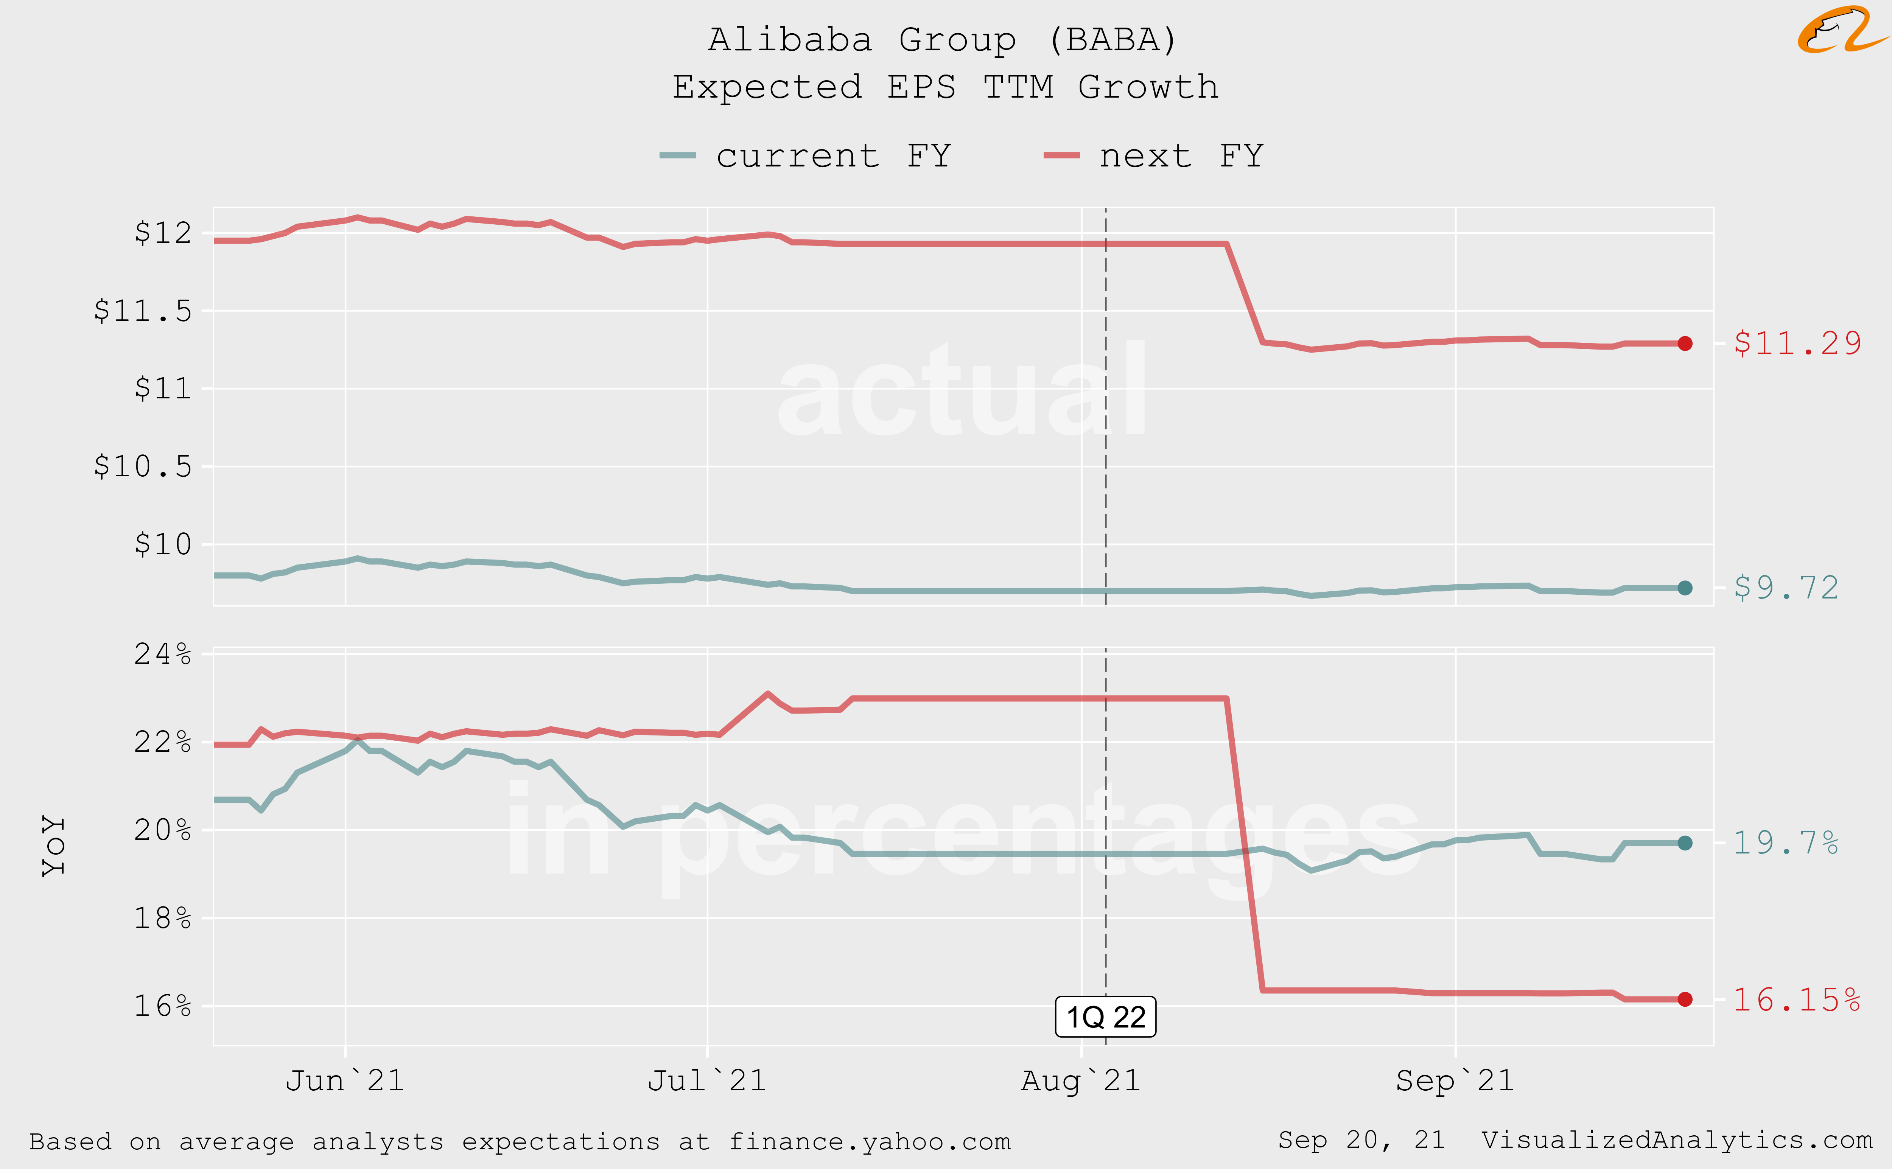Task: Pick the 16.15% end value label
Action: point(1796,1000)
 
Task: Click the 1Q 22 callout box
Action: point(1106,1017)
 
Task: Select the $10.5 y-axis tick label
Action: point(143,466)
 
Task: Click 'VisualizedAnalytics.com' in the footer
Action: point(1676,1139)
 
